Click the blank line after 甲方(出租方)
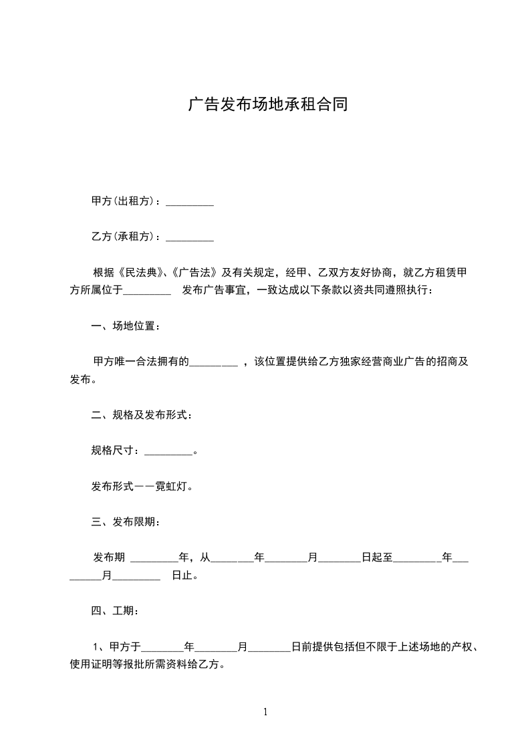tap(189, 201)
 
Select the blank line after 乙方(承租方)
tap(189, 237)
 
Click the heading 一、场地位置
tap(126, 326)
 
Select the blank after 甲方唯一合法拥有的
tap(214, 362)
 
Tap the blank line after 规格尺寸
tap(168, 451)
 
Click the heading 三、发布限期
tap(126, 522)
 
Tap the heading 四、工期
tap(115, 611)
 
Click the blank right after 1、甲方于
tap(162, 647)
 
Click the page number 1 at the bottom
tap(265, 712)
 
